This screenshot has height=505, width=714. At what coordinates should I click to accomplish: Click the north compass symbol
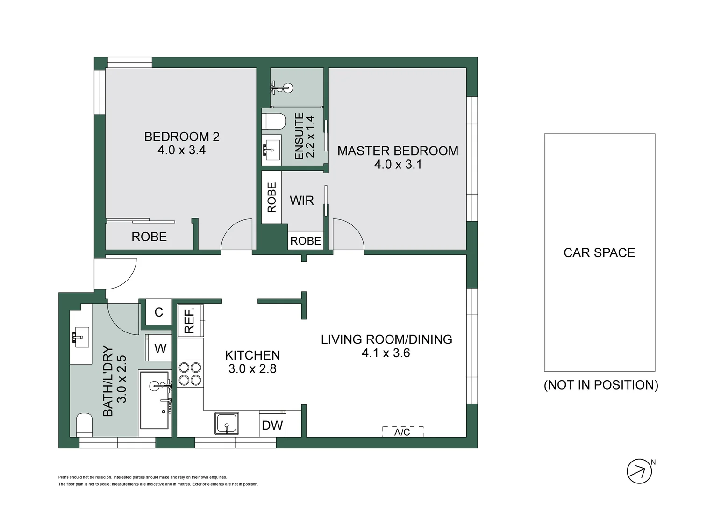pyautogui.click(x=639, y=471)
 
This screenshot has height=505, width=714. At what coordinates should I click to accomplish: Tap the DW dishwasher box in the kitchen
pyautogui.click(x=272, y=425)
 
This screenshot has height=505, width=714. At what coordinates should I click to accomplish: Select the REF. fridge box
pyautogui.click(x=190, y=320)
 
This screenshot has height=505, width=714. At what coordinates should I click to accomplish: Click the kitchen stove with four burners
pyautogui.click(x=190, y=374)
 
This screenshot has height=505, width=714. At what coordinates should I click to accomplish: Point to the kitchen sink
pyautogui.click(x=227, y=423)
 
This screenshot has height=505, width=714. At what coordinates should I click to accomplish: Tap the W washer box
pyautogui.click(x=160, y=348)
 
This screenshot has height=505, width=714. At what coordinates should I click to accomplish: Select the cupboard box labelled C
pyautogui.click(x=159, y=312)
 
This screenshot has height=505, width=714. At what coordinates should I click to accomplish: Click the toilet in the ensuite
pyautogui.click(x=274, y=121)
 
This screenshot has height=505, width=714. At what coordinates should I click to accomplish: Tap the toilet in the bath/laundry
pyautogui.click(x=85, y=424)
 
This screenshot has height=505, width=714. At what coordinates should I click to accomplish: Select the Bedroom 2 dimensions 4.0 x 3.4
pyautogui.click(x=181, y=150)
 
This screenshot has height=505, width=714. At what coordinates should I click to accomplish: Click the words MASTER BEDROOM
pyautogui.click(x=398, y=151)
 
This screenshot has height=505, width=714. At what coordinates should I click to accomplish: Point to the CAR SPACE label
pyautogui.click(x=599, y=253)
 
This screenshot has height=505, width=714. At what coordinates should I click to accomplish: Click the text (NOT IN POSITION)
pyautogui.click(x=601, y=385)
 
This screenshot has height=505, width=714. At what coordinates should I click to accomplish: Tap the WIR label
pyautogui.click(x=301, y=201)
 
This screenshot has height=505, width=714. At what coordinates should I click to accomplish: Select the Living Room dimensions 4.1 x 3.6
pyautogui.click(x=386, y=353)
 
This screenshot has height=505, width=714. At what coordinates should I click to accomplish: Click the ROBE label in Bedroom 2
pyautogui.click(x=149, y=237)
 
